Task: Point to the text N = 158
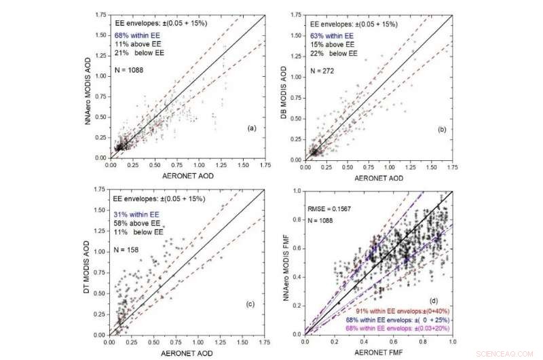[127, 249]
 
